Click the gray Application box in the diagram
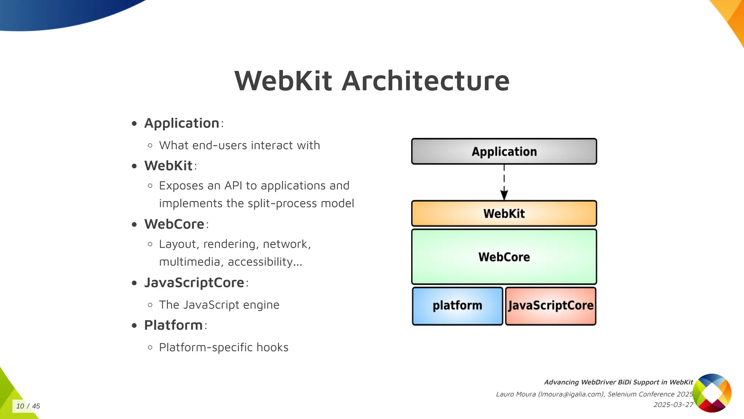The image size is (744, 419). (x=504, y=151)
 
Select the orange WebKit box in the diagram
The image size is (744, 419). (x=504, y=214)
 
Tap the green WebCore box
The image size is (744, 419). (x=504, y=257)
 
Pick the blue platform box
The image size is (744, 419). (x=457, y=306)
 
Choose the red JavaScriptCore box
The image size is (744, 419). (x=550, y=306)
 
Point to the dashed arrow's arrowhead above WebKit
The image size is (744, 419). (x=504, y=195)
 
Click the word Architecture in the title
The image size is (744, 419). (x=426, y=81)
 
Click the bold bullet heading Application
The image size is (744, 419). (x=182, y=123)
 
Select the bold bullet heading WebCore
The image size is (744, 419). (x=174, y=224)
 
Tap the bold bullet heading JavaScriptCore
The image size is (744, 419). (x=194, y=283)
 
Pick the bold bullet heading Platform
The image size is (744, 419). (x=173, y=325)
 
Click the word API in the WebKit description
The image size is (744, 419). (x=233, y=186)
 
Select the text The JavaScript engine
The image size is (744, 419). (x=219, y=305)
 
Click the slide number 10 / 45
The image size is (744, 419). (x=28, y=406)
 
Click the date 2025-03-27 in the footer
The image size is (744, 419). (x=673, y=405)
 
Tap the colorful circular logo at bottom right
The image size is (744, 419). (x=712, y=393)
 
